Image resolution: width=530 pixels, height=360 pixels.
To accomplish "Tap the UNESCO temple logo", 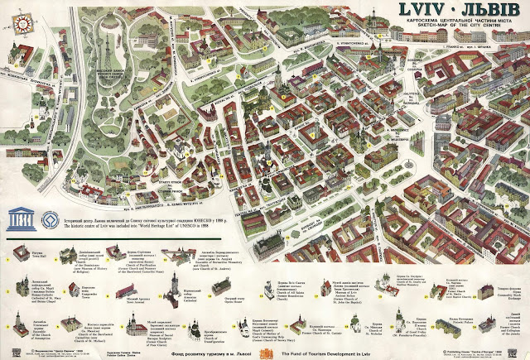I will [x=18, y=218].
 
